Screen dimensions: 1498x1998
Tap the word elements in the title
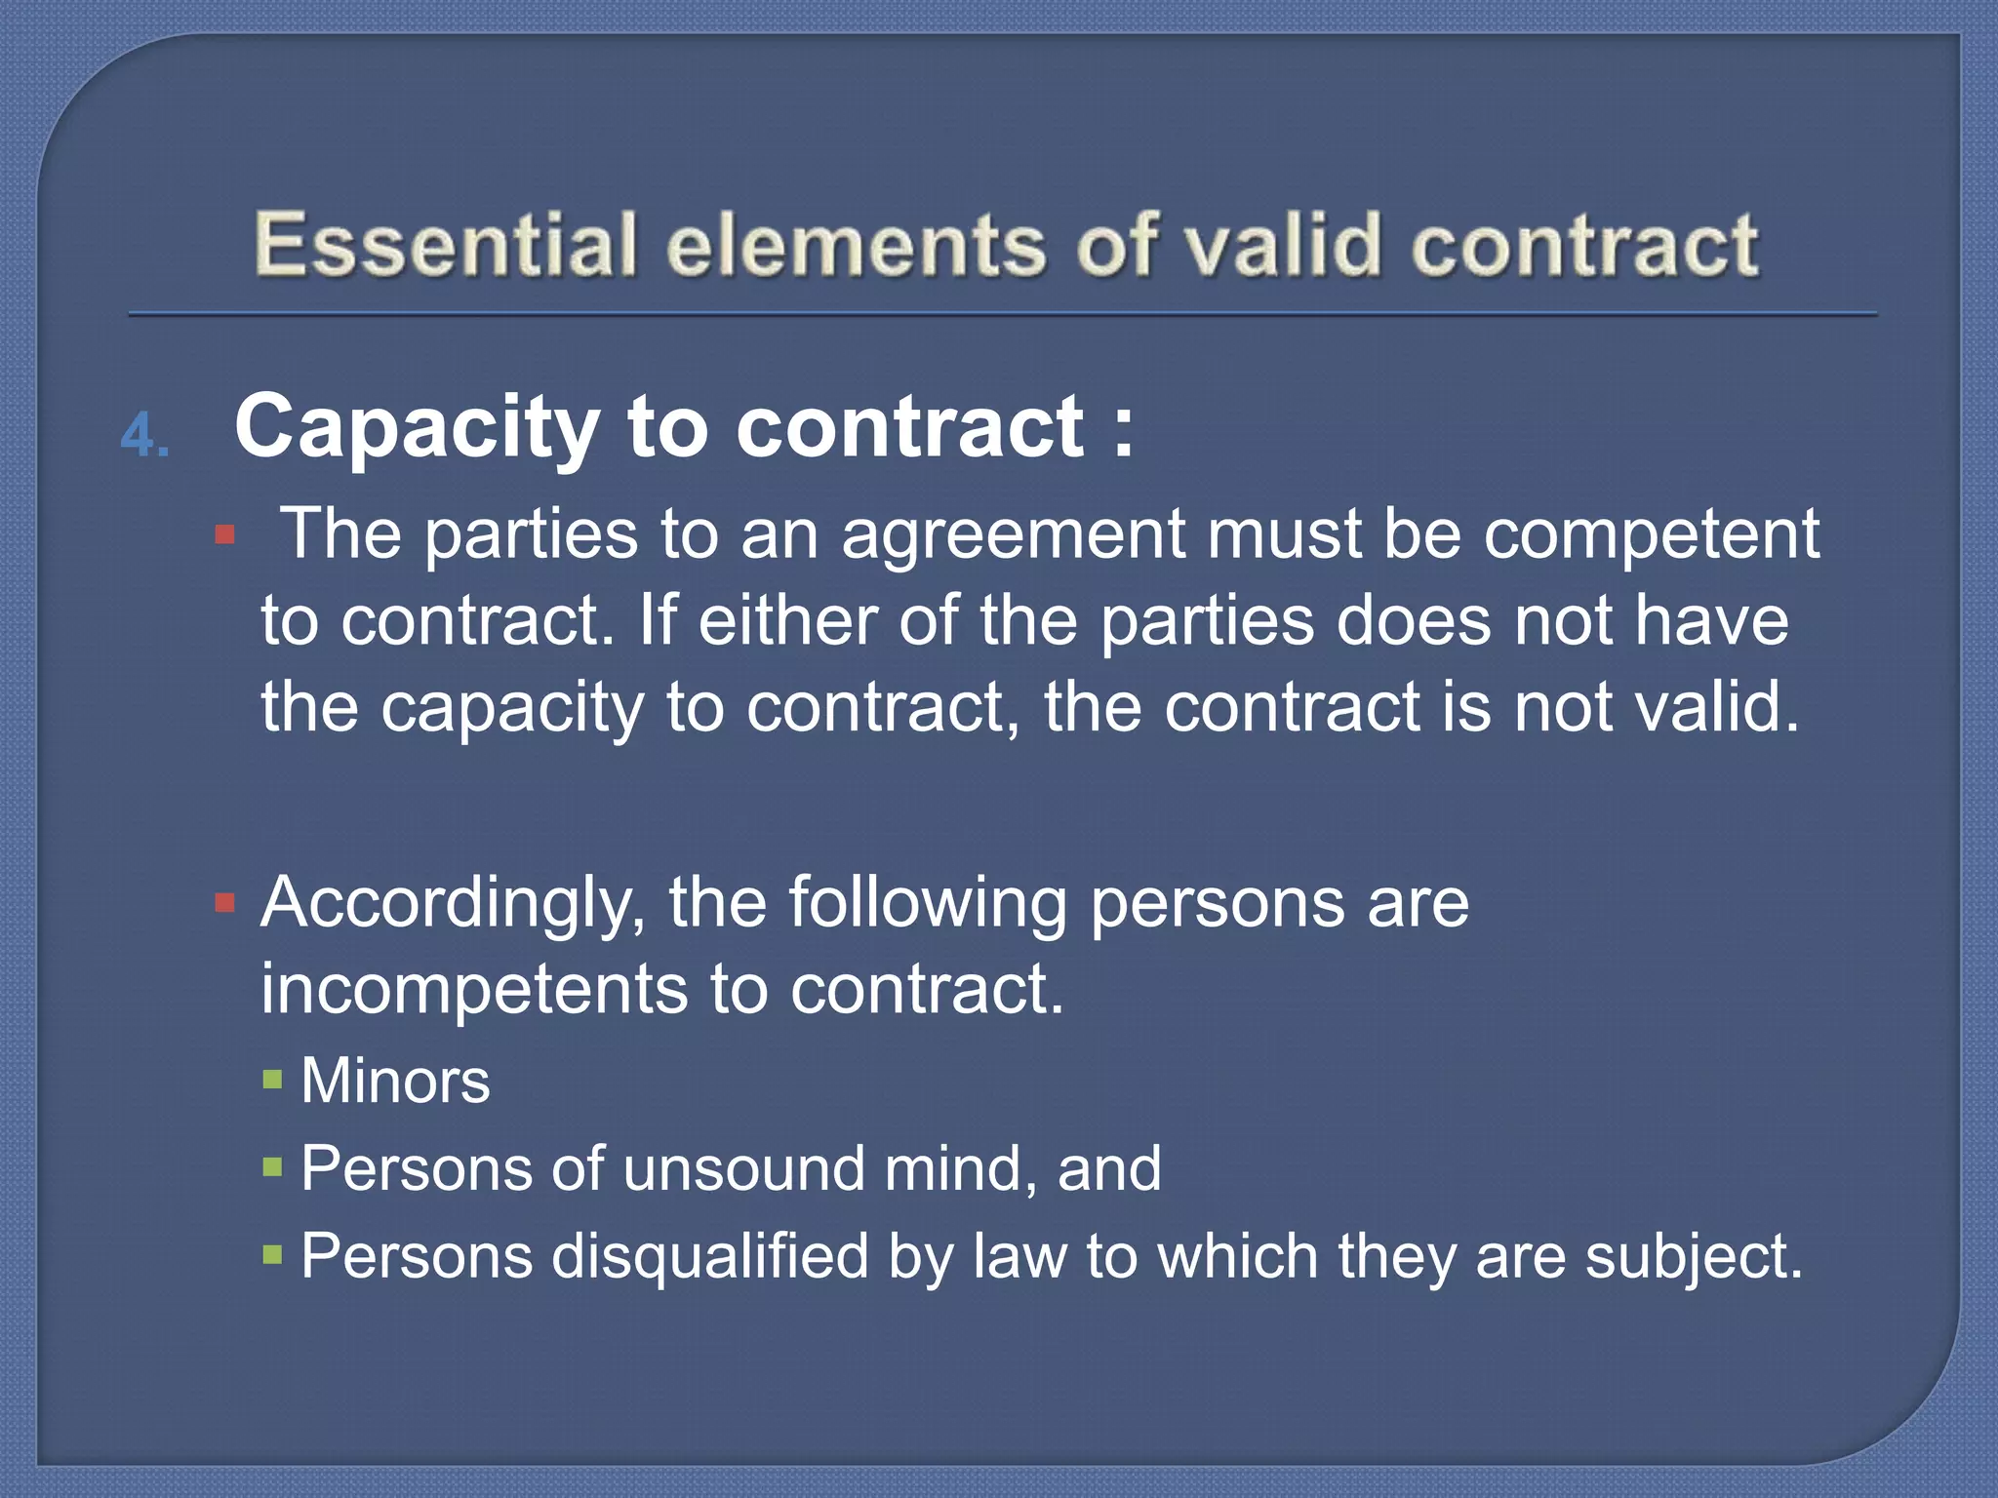(x=857, y=244)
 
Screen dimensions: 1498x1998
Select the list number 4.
(x=145, y=436)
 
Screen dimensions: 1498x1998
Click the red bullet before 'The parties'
(x=225, y=535)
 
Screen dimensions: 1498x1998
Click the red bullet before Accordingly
(x=225, y=904)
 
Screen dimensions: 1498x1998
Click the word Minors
(x=395, y=1081)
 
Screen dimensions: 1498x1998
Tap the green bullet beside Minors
(x=272, y=1080)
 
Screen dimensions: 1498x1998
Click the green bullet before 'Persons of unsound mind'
(x=272, y=1166)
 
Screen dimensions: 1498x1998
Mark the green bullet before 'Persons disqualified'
(x=272, y=1253)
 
